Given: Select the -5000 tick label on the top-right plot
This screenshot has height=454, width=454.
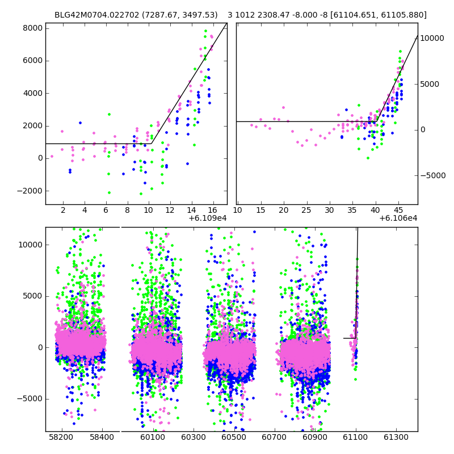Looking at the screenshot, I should coord(433,175).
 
